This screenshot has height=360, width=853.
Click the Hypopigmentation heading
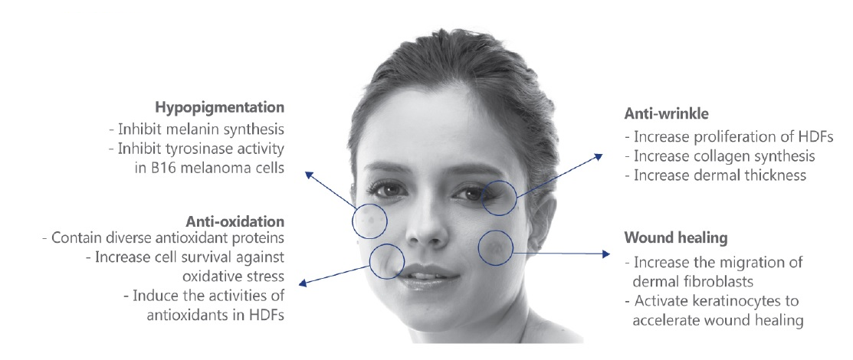click(219, 108)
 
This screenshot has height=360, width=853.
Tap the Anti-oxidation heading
click(235, 222)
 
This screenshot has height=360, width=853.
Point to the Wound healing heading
click(676, 238)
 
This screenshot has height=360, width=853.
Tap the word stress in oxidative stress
click(267, 276)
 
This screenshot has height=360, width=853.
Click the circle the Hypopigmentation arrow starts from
click(369, 221)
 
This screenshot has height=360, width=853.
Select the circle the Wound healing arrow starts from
click(496, 248)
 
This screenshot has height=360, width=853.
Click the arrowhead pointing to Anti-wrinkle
click(599, 156)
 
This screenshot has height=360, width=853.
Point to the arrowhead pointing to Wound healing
click(606, 254)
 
